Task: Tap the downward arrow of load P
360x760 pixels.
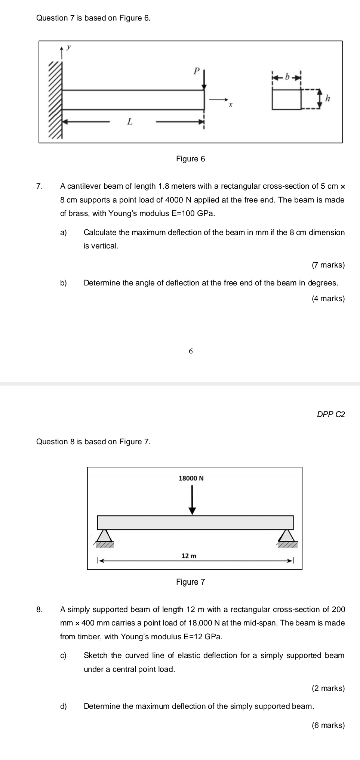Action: [x=204, y=80]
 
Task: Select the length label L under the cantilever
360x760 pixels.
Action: [x=129, y=121]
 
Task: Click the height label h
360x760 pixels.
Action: [x=328, y=99]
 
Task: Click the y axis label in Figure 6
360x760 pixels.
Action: [x=68, y=47]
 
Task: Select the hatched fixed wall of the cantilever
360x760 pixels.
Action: [x=55, y=100]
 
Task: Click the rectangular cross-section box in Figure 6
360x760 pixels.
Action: [x=286, y=99]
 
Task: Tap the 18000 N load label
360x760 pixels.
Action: [x=191, y=478]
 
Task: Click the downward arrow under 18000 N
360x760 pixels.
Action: [x=192, y=500]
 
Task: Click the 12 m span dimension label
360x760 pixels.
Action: [x=188, y=556]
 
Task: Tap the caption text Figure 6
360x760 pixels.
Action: [x=191, y=159]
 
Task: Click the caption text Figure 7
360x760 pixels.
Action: [x=191, y=582]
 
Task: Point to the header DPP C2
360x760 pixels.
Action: [x=331, y=414]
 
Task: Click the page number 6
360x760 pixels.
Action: [x=191, y=351]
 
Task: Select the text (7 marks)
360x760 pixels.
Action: [x=328, y=265]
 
